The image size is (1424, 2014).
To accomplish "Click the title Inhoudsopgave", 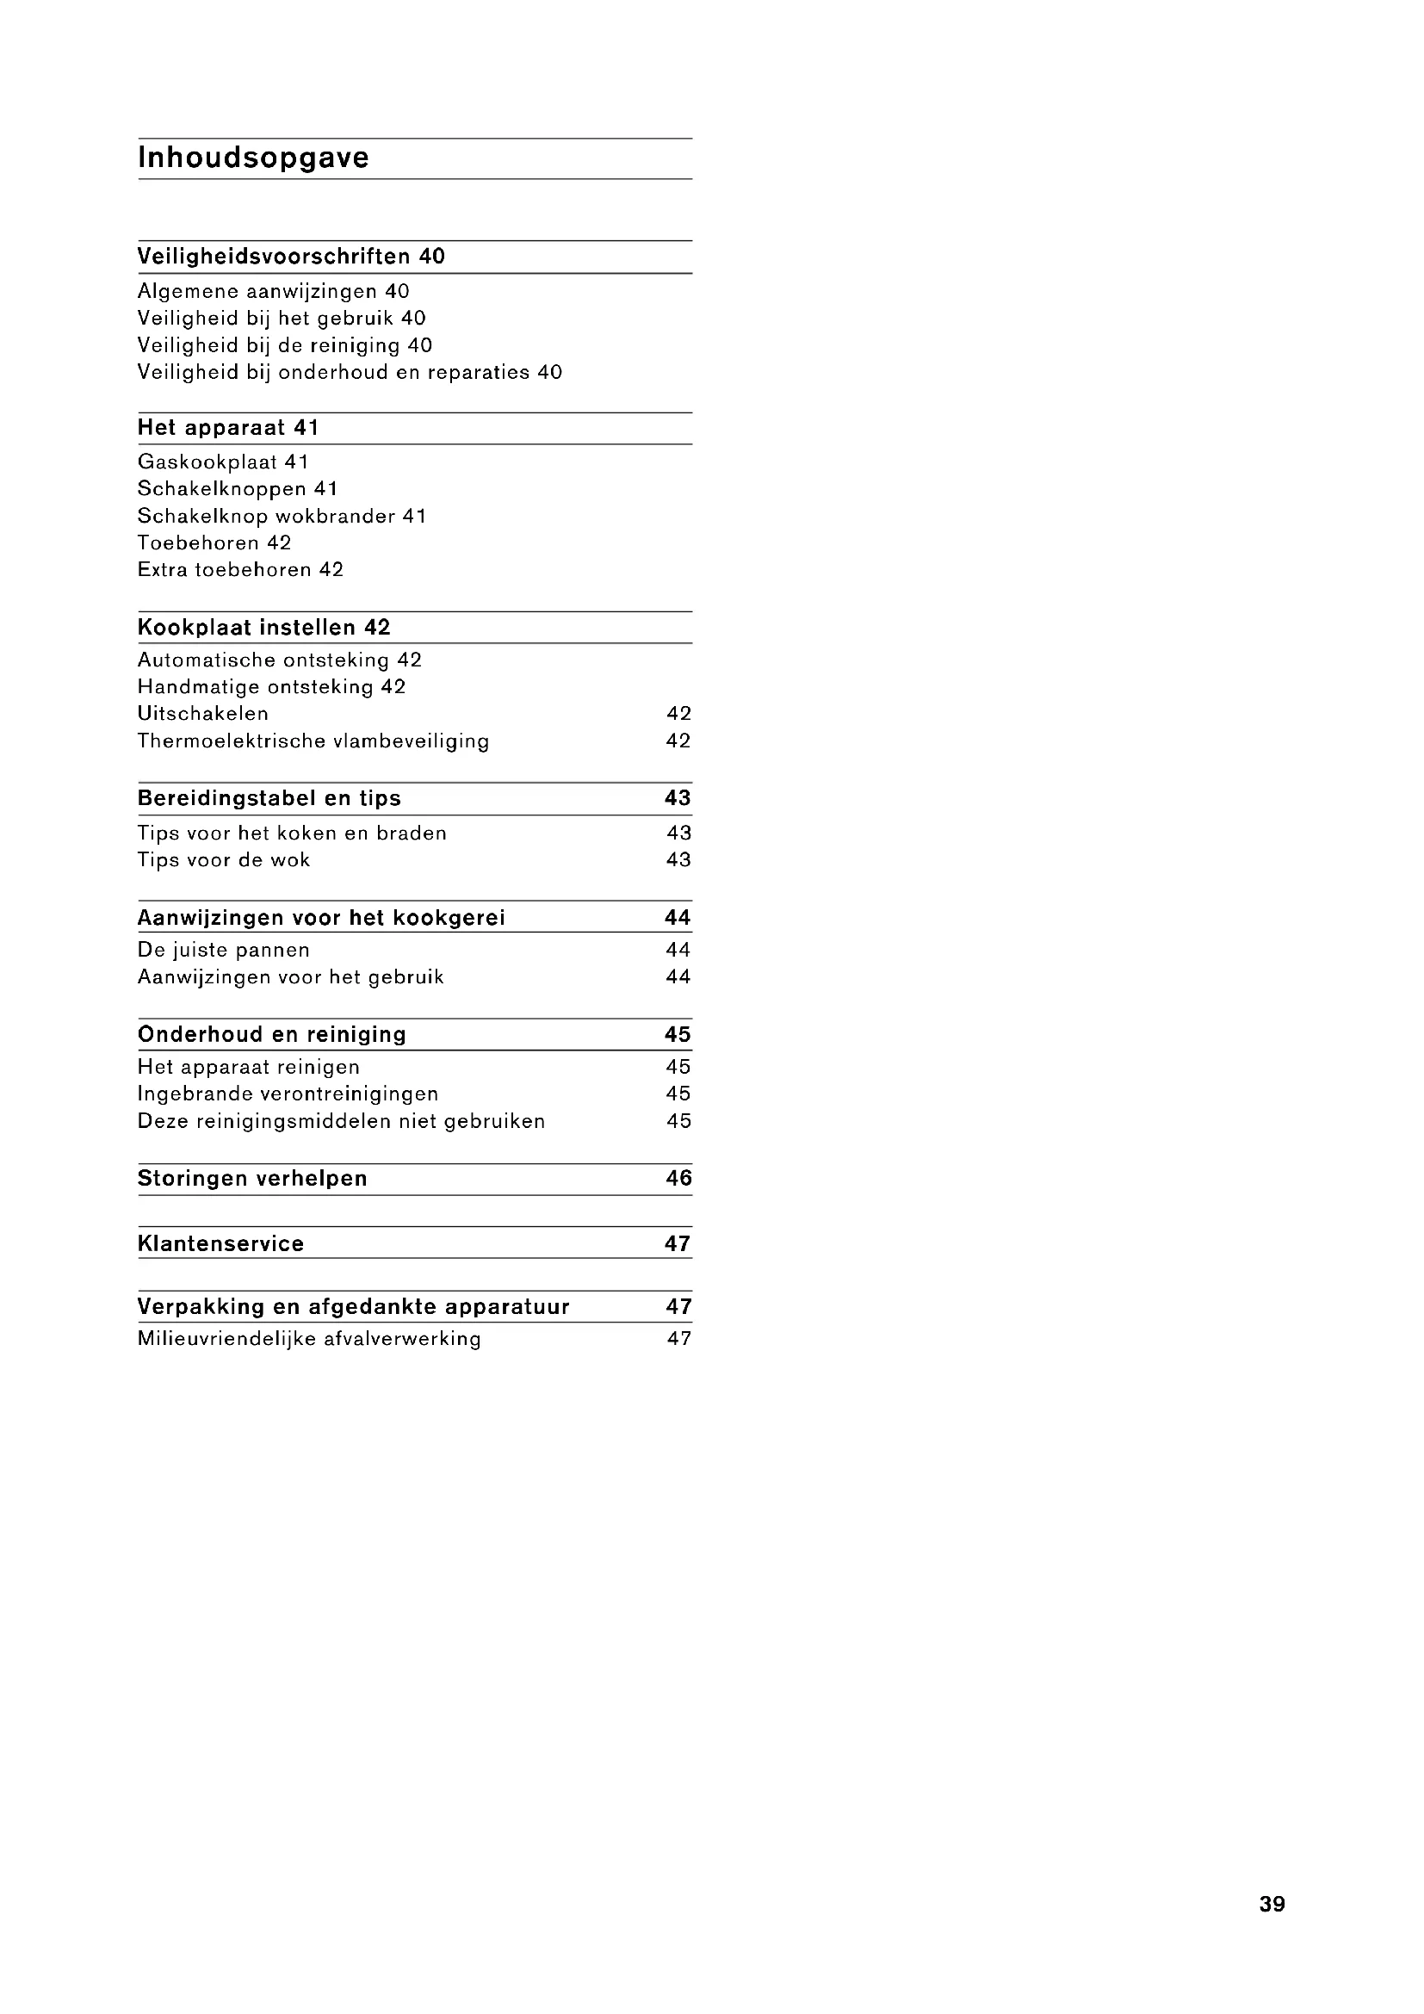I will coord(253,158).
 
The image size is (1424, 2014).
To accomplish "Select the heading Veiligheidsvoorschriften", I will coord(275,257).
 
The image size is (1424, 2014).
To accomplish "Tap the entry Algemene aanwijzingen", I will coord(257,291).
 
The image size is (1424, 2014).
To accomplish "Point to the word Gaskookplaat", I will coord(207,462).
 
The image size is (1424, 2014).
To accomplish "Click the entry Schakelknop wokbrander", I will coord(267,517).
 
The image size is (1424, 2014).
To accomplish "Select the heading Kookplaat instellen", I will coord(246,628).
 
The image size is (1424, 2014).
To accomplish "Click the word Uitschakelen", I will coord(203,714).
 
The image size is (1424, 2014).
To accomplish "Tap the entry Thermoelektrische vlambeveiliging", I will coord(313,741).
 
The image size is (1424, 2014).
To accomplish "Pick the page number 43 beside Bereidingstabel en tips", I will coord(678,798).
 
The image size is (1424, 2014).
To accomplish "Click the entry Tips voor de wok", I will coord(224,860).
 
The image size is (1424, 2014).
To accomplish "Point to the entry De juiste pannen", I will coord(224,950).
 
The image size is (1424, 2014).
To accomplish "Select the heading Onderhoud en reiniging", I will coord(272,1035).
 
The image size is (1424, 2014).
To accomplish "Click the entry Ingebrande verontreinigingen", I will coord(288,1094).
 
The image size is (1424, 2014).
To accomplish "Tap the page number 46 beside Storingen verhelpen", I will coord(678,1179).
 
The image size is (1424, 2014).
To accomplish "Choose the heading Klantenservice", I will coord(221,1244).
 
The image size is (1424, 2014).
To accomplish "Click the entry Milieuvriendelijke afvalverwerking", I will coord(309,1340).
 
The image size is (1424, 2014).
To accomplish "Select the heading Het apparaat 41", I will coord(228,428).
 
